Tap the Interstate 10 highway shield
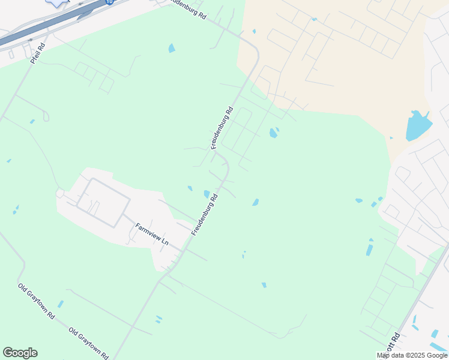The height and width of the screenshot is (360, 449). tap(109, 2)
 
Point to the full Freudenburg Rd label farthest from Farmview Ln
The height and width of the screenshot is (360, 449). tap(221, 128)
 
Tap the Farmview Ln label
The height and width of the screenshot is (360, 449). tap(151, 234)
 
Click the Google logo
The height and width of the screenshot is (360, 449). tap(20, 353)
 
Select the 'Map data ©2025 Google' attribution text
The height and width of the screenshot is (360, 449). tap(412, 355)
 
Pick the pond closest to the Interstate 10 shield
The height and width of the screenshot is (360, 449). tap(172, 48)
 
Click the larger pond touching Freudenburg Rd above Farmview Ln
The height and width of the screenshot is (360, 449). tap(207, 194)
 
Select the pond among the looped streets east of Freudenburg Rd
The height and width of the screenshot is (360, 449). tap(273, 133)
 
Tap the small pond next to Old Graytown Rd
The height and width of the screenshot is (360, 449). tap(60, 304)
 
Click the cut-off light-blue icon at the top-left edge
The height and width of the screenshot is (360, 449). tap(57, 2)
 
